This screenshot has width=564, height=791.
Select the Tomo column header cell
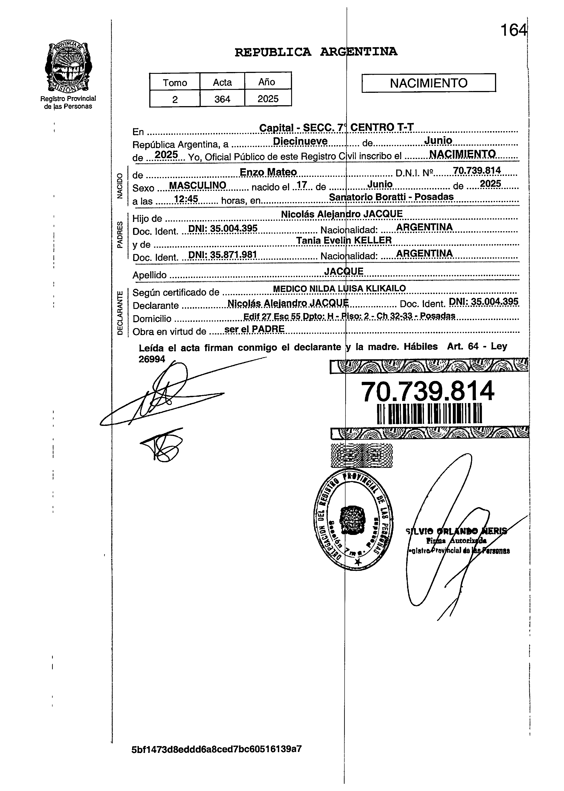pos(175,82)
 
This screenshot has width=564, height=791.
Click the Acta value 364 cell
pos(222,99)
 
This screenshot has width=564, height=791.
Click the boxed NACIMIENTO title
pos(428,83)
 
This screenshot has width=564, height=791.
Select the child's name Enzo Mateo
pos(268,172)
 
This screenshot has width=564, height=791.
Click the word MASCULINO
pos(198,185)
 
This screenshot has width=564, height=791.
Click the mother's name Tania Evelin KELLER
pos(344,240)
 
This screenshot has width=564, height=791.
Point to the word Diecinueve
pos(300,141)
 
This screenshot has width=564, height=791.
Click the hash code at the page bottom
pos(216,749)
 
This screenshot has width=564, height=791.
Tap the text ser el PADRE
pos(255,329)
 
